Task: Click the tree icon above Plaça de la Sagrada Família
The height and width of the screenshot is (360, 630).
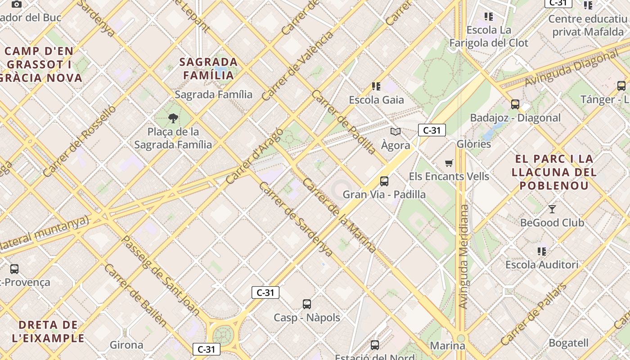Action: point(173,118)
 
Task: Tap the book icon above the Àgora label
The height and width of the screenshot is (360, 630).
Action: point(396,132)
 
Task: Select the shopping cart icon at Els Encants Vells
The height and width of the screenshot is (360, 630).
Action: point(449,163)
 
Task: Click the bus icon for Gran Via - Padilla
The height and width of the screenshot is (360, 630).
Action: point(384,181)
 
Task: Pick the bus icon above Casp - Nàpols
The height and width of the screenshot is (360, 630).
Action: point(307,304)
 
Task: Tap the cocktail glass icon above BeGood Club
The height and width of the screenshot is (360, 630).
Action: point(552,209)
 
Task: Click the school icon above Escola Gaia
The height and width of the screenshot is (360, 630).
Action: point(376,86)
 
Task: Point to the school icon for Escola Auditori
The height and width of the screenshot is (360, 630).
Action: point(542,251)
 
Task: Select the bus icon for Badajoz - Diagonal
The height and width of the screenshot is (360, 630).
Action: point(515,104)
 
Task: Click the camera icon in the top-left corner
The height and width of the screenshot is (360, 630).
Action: point(17,4)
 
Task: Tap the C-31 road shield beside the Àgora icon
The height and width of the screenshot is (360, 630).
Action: point(432,130)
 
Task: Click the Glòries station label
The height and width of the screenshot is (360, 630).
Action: point(473,144)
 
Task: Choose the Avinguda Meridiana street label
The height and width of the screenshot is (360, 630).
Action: point(463,256)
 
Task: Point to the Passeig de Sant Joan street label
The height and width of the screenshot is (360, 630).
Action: point(161,275)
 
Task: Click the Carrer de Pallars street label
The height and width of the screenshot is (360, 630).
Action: point(534,314)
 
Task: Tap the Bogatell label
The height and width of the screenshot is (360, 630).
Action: point(568,343)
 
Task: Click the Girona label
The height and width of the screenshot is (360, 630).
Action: point(126,345)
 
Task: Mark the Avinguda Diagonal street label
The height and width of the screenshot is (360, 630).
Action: point(571,70)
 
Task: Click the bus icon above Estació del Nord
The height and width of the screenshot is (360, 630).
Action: point(375,345)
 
